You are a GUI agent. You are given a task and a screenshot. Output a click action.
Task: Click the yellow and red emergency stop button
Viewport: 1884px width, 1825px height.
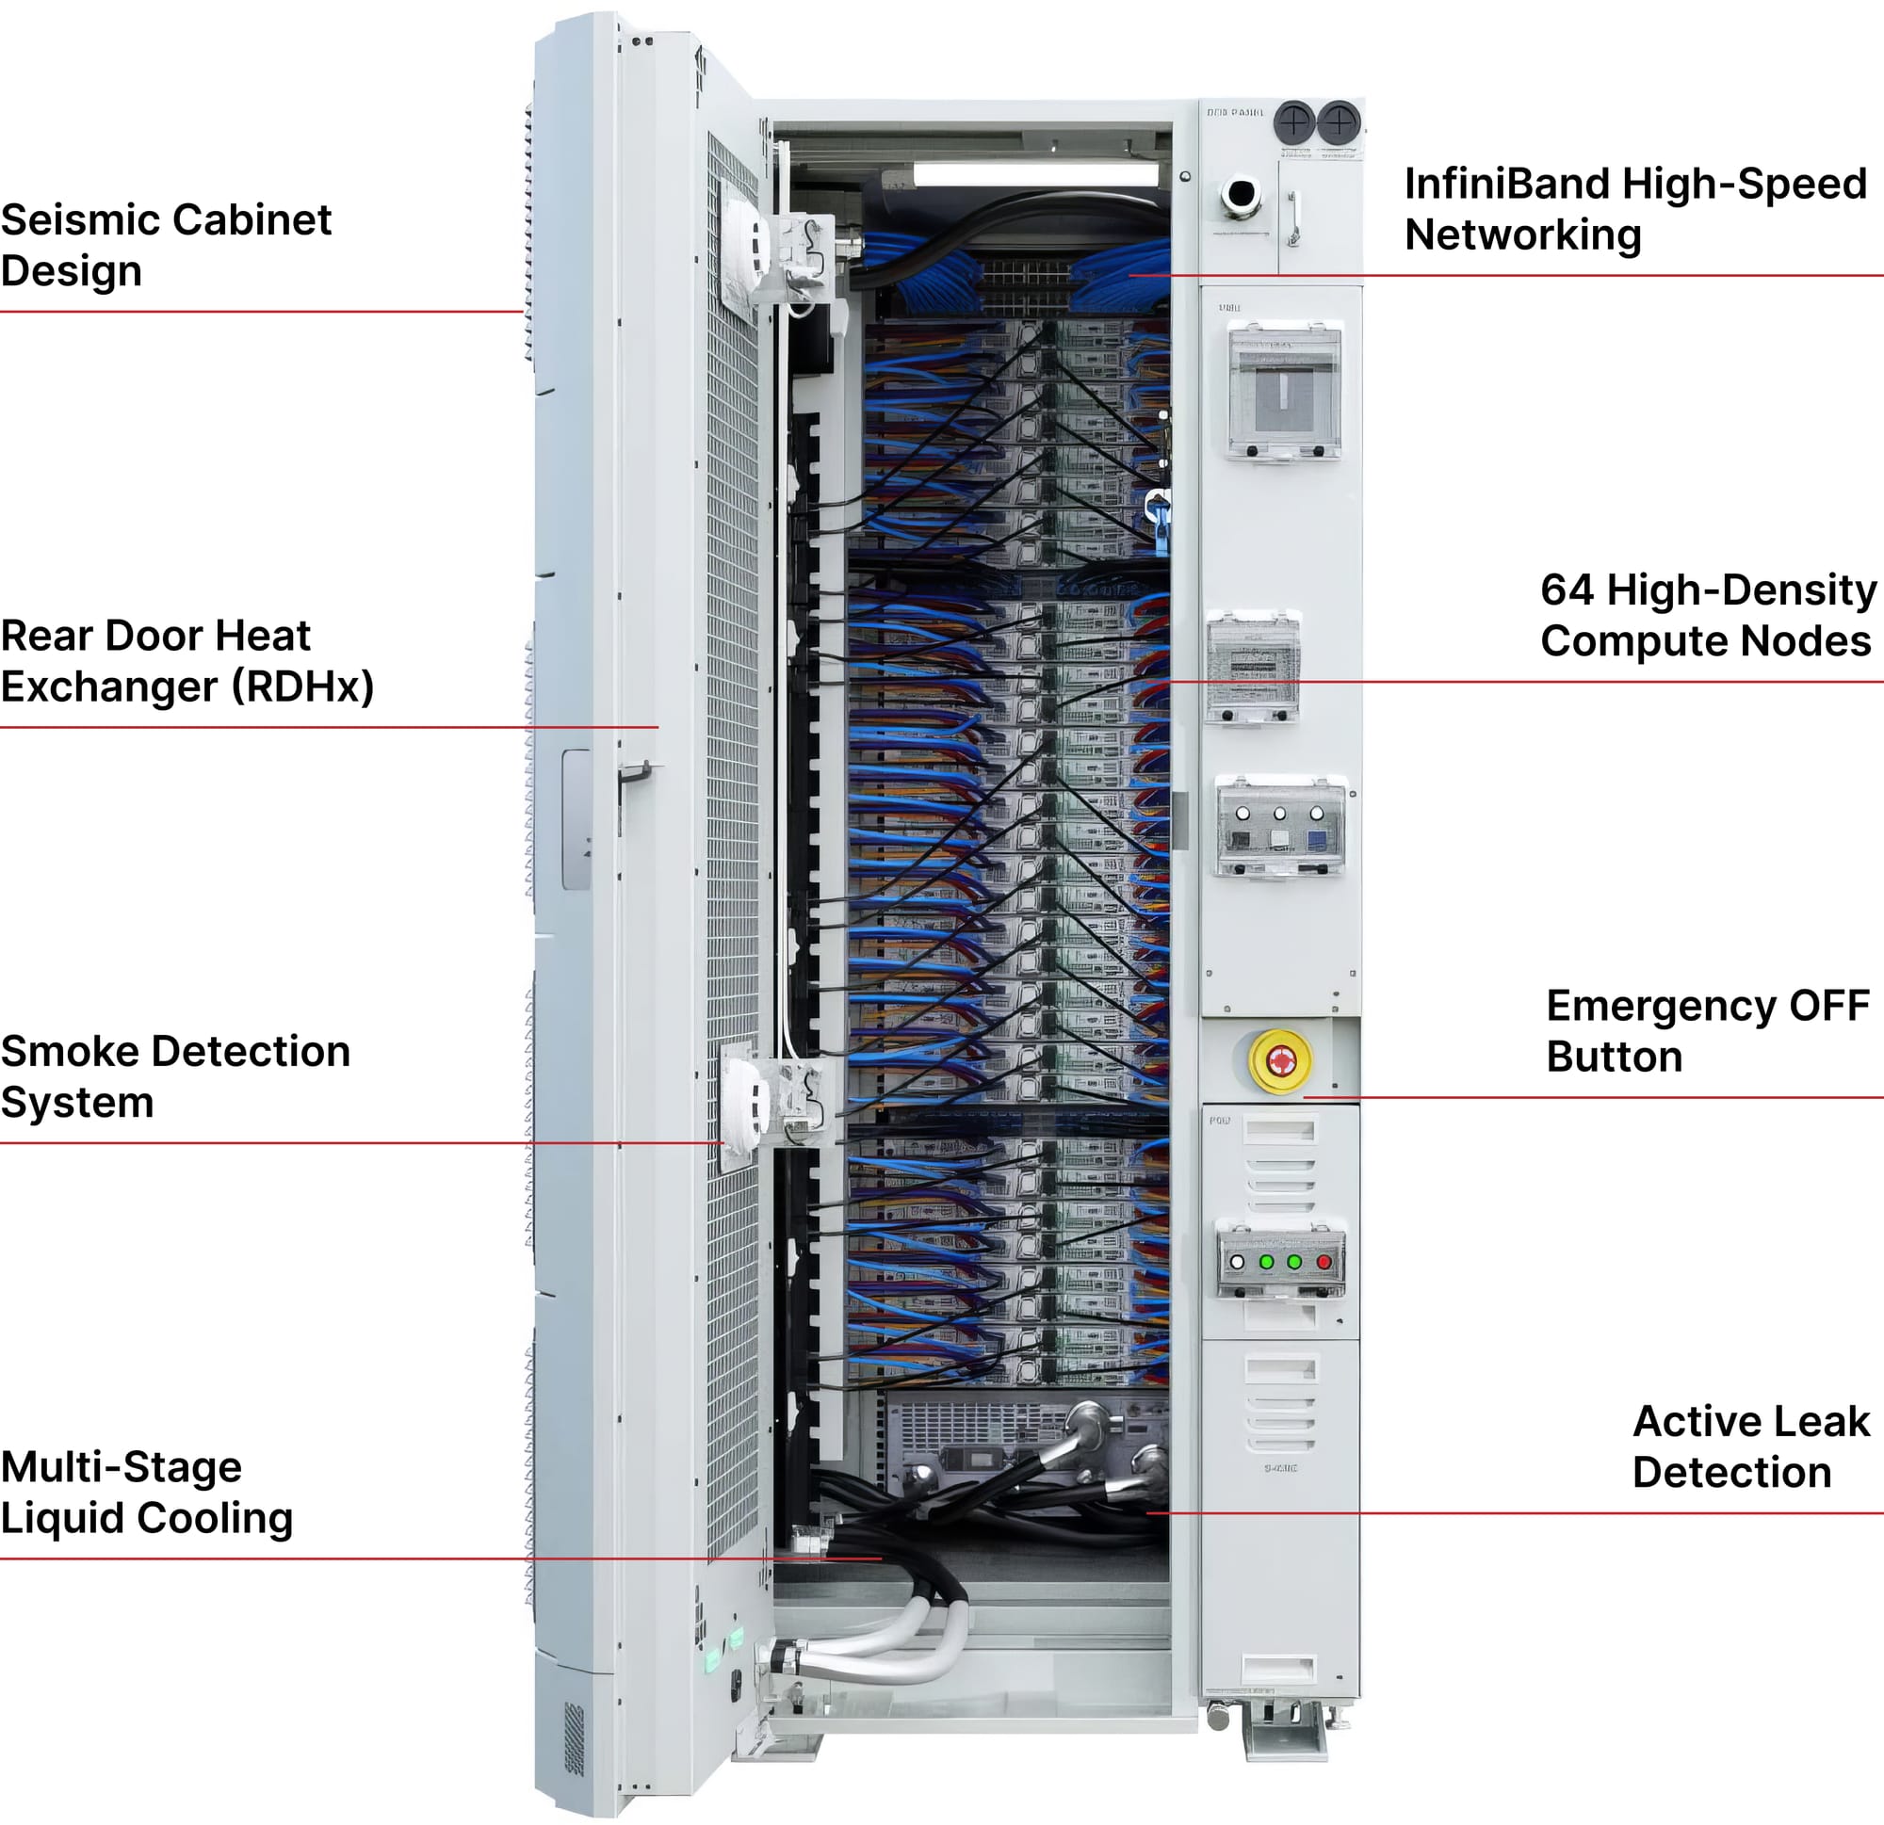coord(1278,1061)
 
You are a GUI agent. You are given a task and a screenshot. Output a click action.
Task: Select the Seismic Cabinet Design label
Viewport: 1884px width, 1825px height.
coord(166,245)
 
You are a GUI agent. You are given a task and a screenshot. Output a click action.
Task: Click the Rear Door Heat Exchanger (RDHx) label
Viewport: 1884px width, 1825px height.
coord(187,661)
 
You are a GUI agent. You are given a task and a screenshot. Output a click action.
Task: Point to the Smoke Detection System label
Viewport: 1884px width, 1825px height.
coord(175,1076)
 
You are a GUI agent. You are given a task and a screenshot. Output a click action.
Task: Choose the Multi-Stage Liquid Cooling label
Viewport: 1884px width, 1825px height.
coord(146,1493)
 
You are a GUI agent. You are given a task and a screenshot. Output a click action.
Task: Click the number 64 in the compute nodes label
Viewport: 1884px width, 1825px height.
coord(1567,590)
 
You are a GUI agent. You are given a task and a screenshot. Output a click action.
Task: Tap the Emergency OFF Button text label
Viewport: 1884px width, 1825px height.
coord(1707,1031)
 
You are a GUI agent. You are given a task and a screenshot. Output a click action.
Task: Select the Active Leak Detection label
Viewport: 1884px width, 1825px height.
coord(1750,1446)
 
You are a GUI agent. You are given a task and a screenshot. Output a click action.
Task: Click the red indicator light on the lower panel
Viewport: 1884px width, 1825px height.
coord(1324,1262)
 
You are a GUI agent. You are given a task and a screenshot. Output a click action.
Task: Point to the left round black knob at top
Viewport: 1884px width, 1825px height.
coord(1293,122)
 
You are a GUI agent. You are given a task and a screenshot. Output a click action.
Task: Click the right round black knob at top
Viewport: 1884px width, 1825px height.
coord(1339,122)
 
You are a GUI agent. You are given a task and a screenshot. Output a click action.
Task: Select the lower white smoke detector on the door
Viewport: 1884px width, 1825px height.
coord(745,1103)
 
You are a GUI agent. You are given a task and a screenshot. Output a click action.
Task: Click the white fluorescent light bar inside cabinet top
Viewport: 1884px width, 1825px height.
coord(1034,174)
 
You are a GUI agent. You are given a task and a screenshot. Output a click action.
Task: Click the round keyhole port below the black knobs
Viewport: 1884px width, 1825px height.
coord(1240,193)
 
